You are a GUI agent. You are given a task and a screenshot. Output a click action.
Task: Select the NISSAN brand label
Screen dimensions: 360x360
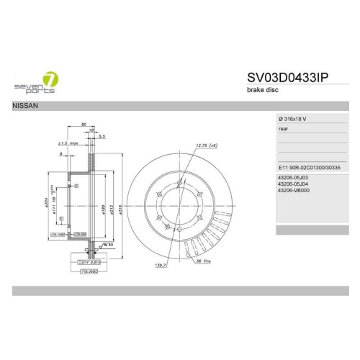(x=24, y=105)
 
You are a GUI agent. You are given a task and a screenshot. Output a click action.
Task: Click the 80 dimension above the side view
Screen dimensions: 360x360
(x=84, y=125)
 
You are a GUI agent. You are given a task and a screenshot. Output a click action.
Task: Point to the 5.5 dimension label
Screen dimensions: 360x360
(x=102, y=136)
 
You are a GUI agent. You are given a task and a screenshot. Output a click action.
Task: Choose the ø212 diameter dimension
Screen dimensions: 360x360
(x=112, y=210)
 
